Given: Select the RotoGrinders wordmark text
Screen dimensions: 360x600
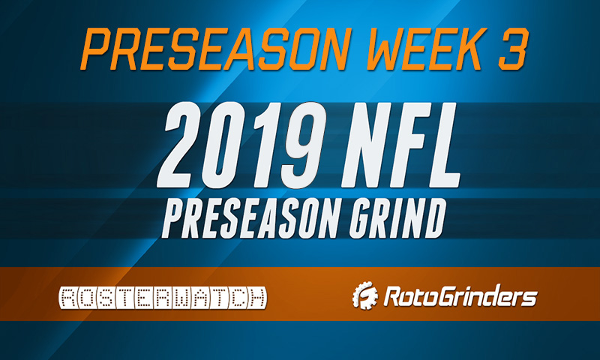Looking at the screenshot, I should pyautogui.click(x=458, y=298).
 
